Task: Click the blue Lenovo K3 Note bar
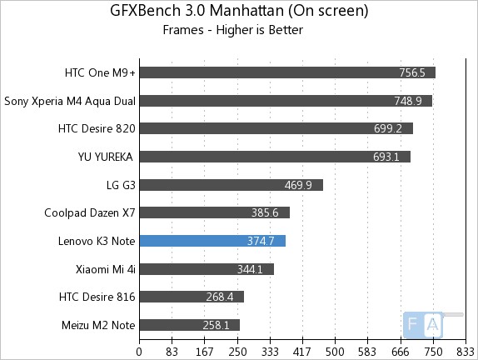[x=212, y=241]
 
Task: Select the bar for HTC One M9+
[x=287, y=72]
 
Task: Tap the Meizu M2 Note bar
[x=189, y=325]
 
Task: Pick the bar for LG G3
[x=231, y=185]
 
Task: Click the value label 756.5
[x=411, y=72]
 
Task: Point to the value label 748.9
[x=408, y=101]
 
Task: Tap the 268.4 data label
[x=220, y=297]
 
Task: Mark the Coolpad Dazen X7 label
[x=90, y=212]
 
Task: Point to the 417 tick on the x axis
[x=302, y=352]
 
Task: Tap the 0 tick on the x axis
[x=139, y=352]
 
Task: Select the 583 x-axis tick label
[x=367, y=352]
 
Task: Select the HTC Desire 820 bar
[x=276, y=128]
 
